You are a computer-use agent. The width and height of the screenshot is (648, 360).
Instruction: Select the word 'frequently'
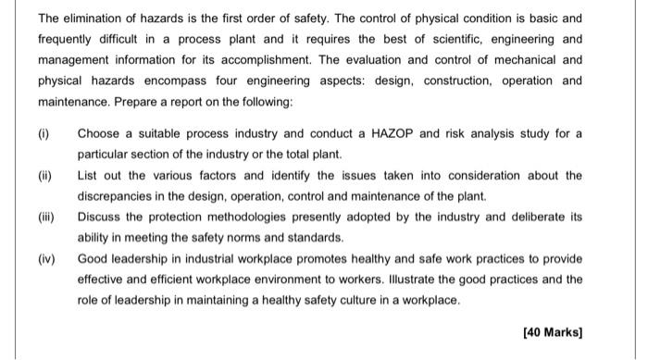pyautogui.click(x=68, y=38)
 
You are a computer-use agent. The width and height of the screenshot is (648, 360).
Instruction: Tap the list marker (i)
pyautogui.click(x=44, y=133)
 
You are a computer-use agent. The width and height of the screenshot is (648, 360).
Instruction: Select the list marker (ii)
pyautogui.click(x=45, y=175)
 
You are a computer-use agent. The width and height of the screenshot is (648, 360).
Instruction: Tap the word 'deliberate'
pyautogui.click(x=536, y=217)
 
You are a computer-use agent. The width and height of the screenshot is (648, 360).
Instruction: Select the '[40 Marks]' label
pyautogui.click(x=553, y=331)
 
